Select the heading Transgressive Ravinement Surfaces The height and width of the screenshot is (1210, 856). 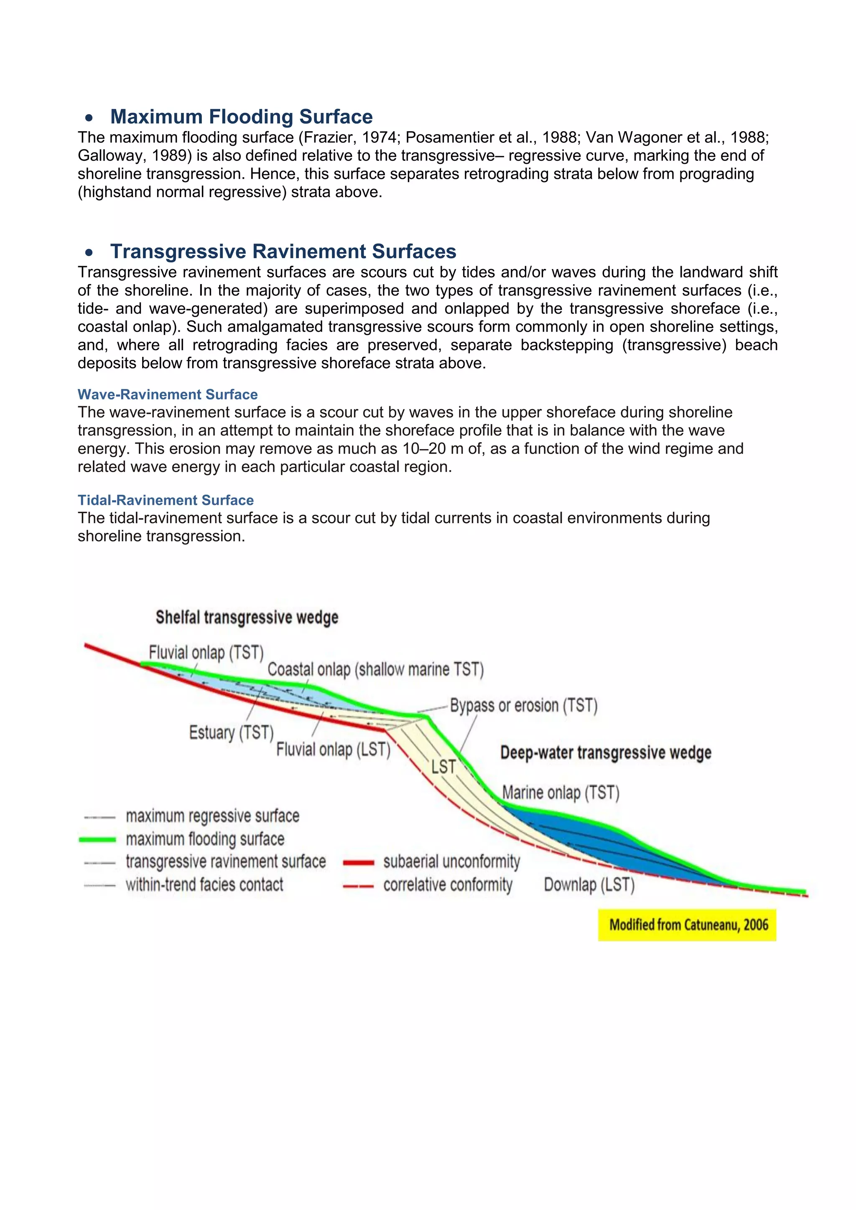pyautogui.click(x=283, y=252)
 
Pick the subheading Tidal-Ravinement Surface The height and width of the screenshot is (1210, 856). pyautogui.click(x=166, y=500)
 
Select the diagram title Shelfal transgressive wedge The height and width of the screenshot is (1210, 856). pyautogui.click(x=247, y=617)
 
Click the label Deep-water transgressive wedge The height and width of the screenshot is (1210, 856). pyautogui.click(x=606, y=752)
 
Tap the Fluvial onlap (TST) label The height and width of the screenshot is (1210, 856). pyautogui.click(x=206, y=653)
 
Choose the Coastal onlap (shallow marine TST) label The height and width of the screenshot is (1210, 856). pyautogui.click(x=375, y=669)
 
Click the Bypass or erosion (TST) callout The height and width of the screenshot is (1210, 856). pyautogui.click(x=523, y=705)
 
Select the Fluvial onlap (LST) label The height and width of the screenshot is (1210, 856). pyautogui.click(x=333, y=750)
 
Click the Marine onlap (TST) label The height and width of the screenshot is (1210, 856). pyautogui.click(x=560, y=793)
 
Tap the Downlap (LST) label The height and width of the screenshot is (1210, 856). pyautogui.click(x=589, y=885)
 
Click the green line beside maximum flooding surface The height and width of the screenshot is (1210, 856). pyautogui.click(x=97, y=839)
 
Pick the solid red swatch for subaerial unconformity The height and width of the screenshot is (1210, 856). pyautogui.click(x=359, y=863)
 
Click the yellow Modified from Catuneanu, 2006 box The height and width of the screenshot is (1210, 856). pyautogui.click(x=687, y=924)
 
